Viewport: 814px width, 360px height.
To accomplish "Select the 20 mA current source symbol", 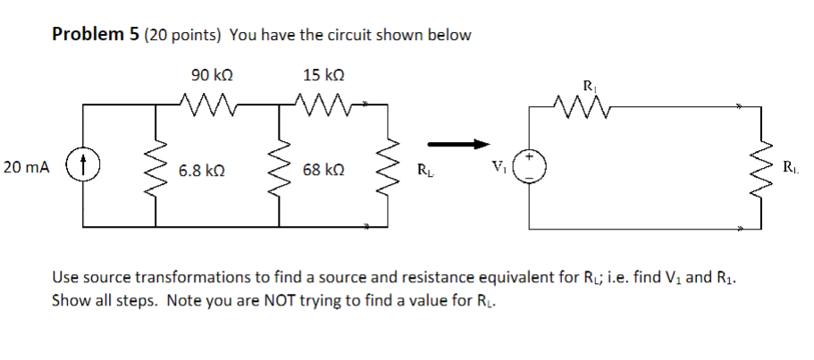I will click(x=85, y=167).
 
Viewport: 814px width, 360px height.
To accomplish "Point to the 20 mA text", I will click(x=27, y=167).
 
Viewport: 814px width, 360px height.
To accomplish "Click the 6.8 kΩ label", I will click(x=194, y=169).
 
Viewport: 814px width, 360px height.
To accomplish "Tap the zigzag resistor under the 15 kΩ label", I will click(x=320, y=105).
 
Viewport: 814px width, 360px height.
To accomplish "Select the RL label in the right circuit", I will click(x=793, y=167).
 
